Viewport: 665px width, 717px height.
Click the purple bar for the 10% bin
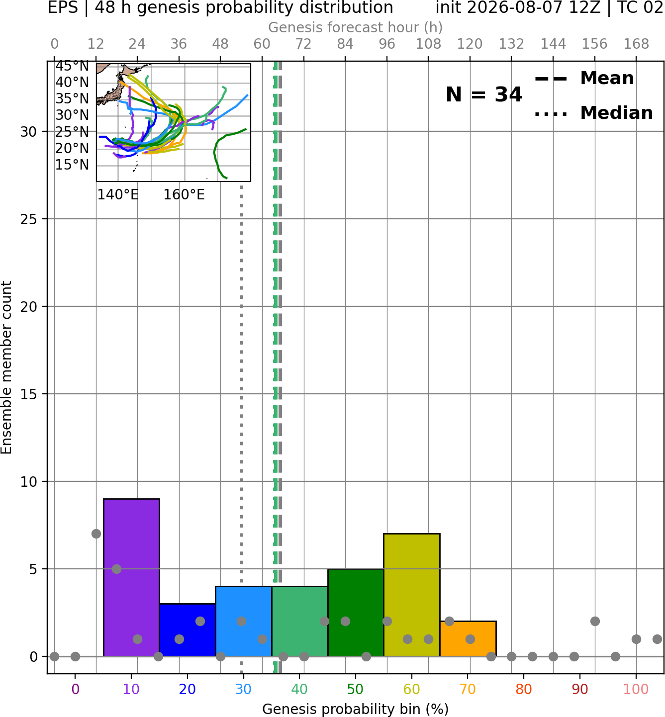131,578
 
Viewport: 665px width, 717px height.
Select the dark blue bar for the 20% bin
188,630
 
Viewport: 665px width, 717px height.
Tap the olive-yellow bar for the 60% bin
411,595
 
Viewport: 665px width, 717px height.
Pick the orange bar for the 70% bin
468,638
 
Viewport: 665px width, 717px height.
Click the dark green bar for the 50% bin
356,613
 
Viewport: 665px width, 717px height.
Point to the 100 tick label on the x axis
636,689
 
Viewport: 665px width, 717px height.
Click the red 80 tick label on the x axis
523,689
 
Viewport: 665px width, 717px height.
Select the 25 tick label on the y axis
28,219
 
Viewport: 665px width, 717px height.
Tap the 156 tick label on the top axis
594,44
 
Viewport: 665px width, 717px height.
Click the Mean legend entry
584,79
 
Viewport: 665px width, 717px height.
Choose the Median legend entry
593,113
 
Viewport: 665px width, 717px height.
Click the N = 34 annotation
483,94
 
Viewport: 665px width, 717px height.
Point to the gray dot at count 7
96,534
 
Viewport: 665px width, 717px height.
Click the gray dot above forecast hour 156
595,622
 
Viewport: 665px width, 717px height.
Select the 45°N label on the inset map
72,66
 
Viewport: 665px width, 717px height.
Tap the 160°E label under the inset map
184,194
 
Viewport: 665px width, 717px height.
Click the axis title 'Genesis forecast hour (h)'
356,27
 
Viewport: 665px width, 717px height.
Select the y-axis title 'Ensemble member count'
6,367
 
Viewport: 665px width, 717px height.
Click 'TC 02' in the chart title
640,8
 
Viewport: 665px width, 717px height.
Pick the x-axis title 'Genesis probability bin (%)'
356,709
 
